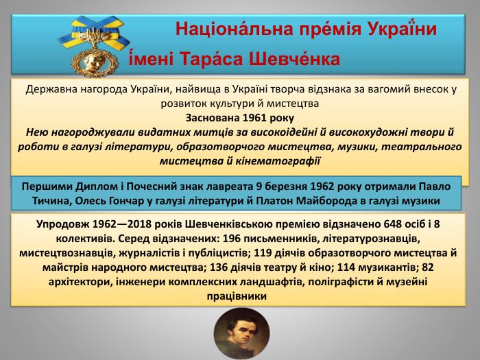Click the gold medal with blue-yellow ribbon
click(x=95, y=53)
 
